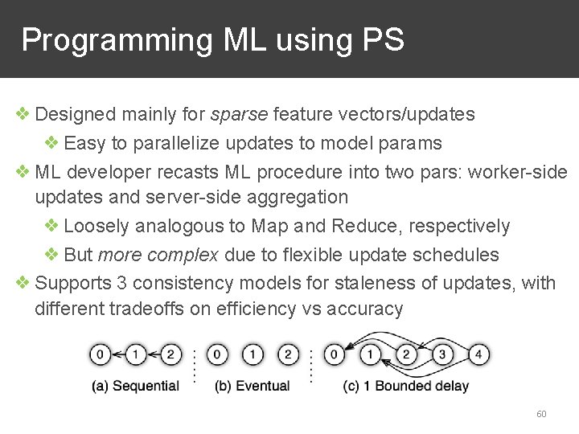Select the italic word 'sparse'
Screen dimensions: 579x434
[239, 114]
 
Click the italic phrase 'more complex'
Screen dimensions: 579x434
[158, 255]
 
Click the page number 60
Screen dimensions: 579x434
[541, 414]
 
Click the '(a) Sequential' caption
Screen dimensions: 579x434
[136, 386]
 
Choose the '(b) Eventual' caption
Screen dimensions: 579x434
[252, 386]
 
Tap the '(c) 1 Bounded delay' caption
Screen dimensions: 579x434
[405, 386]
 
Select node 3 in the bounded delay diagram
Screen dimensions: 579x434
[441, 354]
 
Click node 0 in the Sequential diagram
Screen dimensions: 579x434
[100, 354]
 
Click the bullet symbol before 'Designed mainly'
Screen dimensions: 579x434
[23, 114]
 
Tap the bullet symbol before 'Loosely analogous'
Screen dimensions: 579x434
[51, 226]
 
